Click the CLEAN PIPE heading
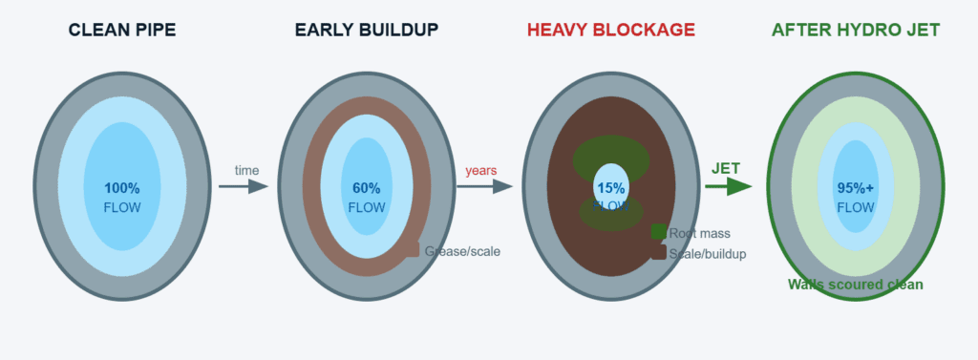(x=122, y=30)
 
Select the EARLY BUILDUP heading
(x=367, y=30)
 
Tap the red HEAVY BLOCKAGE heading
(x=611, y=30)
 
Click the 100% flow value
(x=122, y=188)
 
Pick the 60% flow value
(x=367, y=188)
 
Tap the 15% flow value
(x=611, y=188)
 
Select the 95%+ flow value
(x=856, y=188)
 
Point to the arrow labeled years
(x=486, y=186)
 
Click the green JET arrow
(x=730, y=186)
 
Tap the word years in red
(x=481, y=171)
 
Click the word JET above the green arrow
(x=726, y=168)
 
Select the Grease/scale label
(x=462, y=251)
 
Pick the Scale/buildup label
(x=708, y=254)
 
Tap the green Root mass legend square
(x=659, y=231)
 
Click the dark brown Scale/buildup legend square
(x=659, y=252)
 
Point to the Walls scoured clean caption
(x=856, y=285)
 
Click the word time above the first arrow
(x=247, y=170)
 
